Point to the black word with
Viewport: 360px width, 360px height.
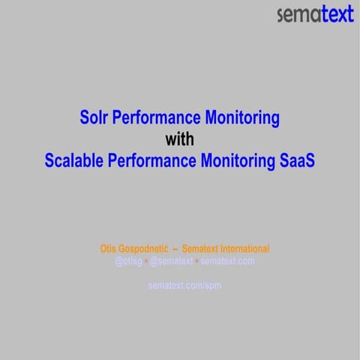(x=180, y=139)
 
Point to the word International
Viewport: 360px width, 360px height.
(x=244, y=248)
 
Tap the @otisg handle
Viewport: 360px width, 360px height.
(x=129, y=261)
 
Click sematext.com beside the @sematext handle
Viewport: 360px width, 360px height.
(x=227, y=261)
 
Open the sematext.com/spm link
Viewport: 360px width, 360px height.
(x=184, y=285)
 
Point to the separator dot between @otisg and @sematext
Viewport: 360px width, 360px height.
(x=146, y=261)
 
